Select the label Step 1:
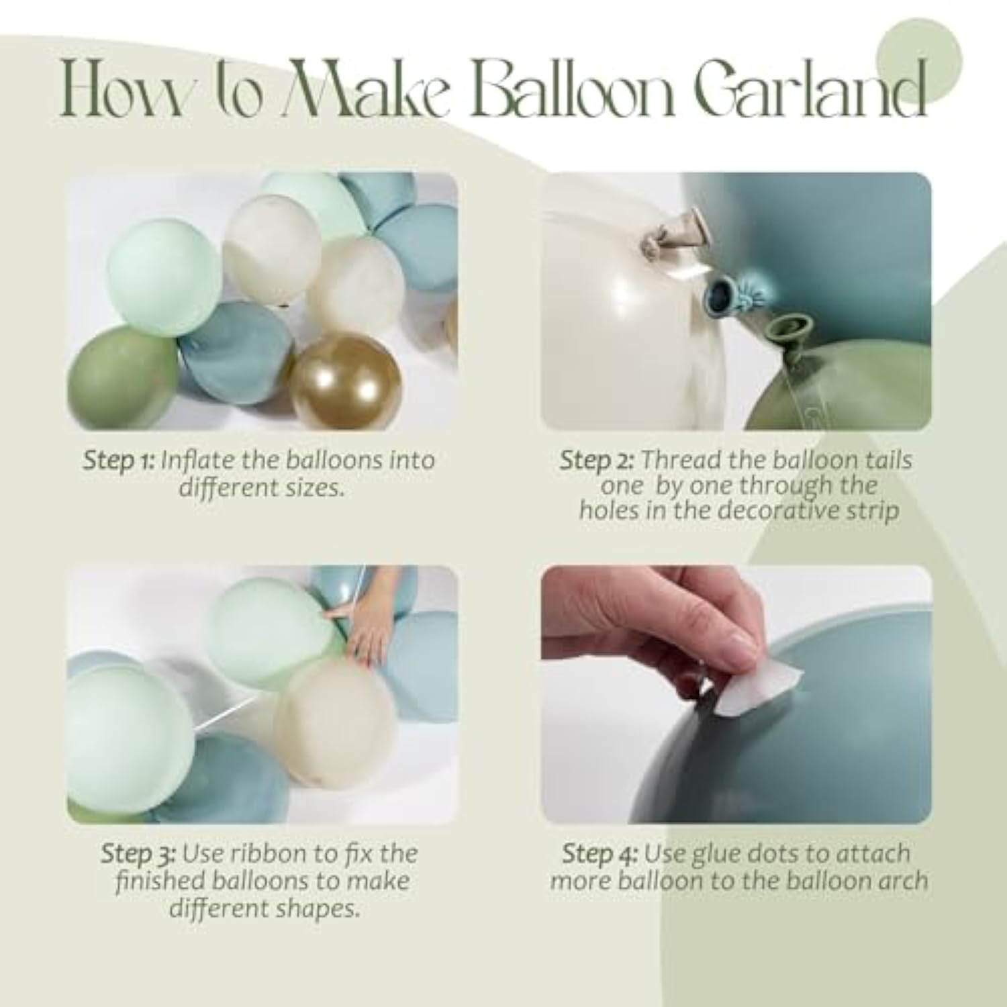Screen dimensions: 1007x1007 [x=119, y=461]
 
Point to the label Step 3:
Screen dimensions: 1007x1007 [x=138, y=854]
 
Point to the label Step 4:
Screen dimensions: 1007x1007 [x=599, y=854]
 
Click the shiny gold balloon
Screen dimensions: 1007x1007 [x=346, y=380]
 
